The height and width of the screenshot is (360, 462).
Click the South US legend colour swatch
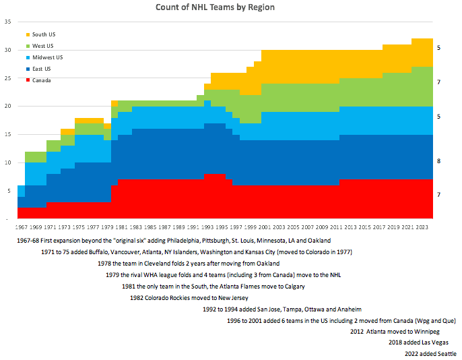coord(28,34)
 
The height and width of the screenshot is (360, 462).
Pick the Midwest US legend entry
coord(48,57)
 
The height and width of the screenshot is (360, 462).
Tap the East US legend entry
coord(42,69)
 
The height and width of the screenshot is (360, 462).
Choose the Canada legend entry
coord(42,80)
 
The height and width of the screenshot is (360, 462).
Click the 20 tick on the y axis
coord(8,106)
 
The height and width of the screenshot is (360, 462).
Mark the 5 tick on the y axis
coord(9,191)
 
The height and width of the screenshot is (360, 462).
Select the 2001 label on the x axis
coord(265,227)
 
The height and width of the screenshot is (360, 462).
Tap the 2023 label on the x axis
coord(422,227)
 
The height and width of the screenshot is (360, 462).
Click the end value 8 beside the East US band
coord(439,162)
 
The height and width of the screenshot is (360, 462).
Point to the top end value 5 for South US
coord(439,48)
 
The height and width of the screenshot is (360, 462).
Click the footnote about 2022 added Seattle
coord(430,354)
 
